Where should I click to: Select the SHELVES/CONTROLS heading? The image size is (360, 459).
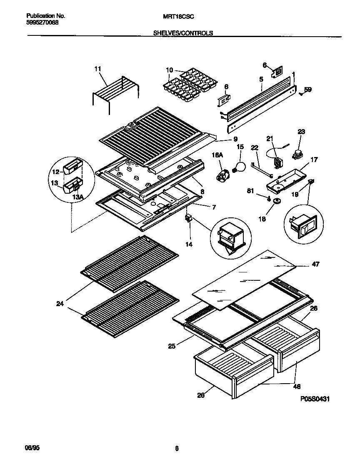[x=183, y=32]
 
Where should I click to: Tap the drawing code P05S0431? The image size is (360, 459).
[x=315, y=399]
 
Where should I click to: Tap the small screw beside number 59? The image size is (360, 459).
[x=301, y=94]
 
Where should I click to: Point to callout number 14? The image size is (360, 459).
[x=189, y=244]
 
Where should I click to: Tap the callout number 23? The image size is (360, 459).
[x=301, y=132]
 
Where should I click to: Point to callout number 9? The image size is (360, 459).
[x=235, y=139]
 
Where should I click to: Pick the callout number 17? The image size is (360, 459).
[x=314, y=159]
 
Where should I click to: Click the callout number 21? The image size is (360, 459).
[x=269, y=139]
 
